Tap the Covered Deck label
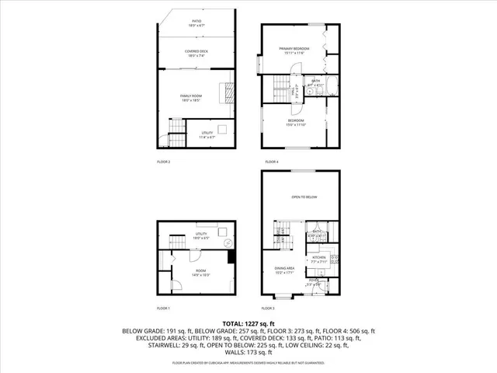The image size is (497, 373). pos(195,53)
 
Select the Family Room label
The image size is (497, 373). pos(191,96)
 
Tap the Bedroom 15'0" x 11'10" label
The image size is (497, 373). pos(296,122)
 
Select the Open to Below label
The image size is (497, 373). pos(304,197)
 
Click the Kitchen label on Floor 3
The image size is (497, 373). pos(318,259)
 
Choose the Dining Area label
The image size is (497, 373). pos(285,270)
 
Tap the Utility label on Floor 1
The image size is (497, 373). pos(201,235)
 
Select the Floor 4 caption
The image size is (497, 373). pos(271,162)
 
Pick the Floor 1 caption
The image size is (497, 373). pos(163,308)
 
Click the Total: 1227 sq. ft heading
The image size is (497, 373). pos(248,322)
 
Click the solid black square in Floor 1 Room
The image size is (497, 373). pos(231,260)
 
